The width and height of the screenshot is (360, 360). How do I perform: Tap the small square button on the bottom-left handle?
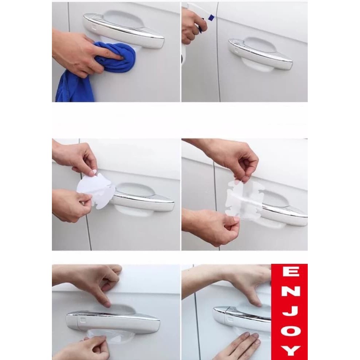click(x=83, y=319)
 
